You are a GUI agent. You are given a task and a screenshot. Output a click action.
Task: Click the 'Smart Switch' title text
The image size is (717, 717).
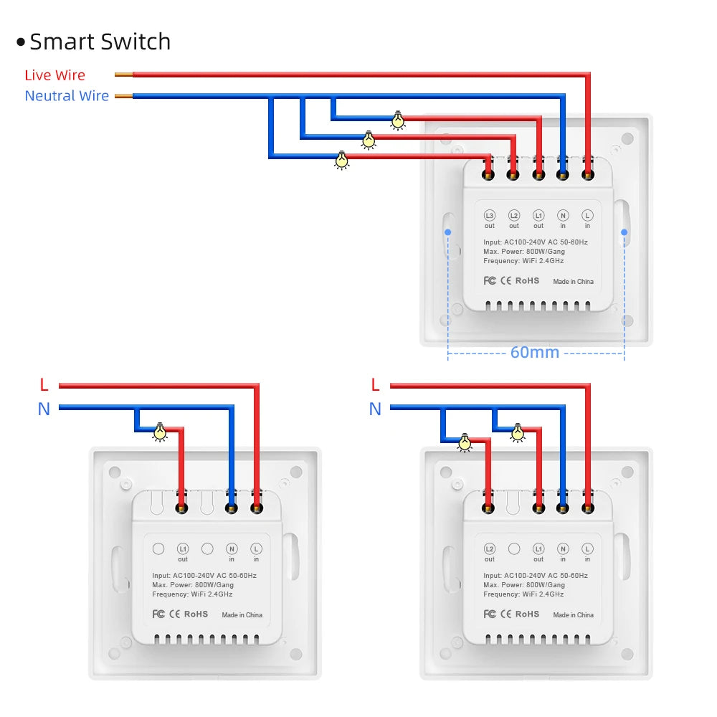(100, 42)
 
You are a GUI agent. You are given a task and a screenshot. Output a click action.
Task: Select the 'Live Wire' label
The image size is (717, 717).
(54, 75)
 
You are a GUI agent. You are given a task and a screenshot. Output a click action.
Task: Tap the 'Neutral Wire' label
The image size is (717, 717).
(67, 96)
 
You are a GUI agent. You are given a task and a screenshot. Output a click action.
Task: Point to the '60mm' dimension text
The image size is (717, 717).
(534, 352)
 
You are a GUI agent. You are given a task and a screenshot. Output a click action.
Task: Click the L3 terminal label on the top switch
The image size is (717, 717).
(490, 215)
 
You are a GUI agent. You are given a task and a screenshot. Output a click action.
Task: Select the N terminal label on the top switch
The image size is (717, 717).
(563, 215)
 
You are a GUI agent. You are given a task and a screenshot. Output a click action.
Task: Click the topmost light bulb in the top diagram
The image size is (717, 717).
(397, 120)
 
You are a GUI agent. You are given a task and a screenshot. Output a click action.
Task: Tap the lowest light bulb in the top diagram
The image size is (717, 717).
(342, 159)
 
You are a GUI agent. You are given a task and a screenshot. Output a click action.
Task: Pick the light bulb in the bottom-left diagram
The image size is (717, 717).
(160, 432)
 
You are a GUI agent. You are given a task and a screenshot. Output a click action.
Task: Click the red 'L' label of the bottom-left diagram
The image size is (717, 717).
(44, 386)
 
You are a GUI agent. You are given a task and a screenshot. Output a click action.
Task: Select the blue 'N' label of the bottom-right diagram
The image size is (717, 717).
(375, 409)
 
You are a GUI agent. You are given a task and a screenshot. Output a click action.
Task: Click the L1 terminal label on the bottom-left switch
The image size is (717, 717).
(183, 549)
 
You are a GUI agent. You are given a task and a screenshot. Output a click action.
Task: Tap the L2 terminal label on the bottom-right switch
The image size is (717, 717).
(490, 549)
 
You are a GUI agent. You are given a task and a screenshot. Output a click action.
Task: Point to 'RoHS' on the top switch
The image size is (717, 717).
(527, 280)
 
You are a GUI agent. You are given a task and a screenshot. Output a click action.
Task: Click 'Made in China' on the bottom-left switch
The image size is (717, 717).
(242, 614)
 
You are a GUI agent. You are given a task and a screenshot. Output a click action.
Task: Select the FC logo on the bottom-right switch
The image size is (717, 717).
(490, 614)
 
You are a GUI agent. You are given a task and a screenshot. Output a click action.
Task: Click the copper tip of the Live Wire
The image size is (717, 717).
(123, 75)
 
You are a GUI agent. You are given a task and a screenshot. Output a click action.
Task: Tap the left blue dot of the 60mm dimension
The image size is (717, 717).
(447, 232)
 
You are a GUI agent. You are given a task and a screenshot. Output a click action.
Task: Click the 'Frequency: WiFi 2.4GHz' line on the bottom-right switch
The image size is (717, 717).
(523, 594)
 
